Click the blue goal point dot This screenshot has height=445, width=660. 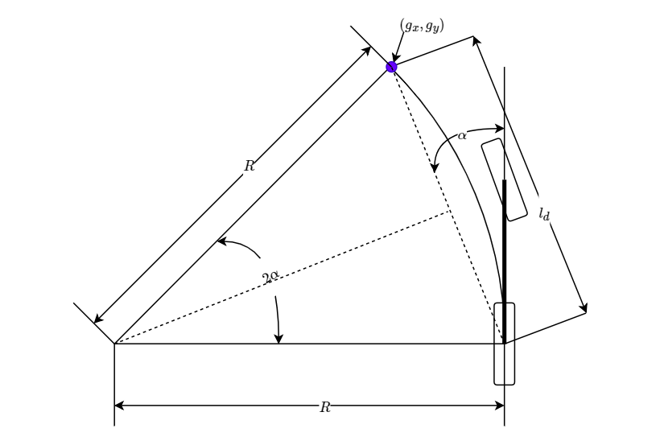[x=391, y=67]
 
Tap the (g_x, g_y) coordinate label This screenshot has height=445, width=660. [x=422, y=26]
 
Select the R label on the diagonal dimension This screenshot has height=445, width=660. [x=250, y=166]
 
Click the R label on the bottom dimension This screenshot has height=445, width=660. [x=325, y=407]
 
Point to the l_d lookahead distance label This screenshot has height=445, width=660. [x=544, y=214]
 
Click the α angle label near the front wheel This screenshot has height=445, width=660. [x=462, y=135]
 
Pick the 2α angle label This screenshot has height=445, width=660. [x=270, y=277]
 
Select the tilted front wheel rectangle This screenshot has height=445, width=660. [x=505, y=179]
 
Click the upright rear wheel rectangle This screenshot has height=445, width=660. [x=505, y=344]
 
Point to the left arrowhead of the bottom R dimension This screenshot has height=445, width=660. [x=119, y=406]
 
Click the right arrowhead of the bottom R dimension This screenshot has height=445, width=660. [x=500, y=406]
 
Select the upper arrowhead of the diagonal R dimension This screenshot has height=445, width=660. [x=366, y=51]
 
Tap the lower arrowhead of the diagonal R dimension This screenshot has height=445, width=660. [x=98, y=319]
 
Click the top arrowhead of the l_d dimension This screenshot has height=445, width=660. [x=476, y=41]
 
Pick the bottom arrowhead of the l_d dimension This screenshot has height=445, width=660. [x=583, y=307]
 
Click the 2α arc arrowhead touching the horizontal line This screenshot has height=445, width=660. [x=278, y=339]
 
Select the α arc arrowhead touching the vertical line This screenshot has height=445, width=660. [x=499, y=129]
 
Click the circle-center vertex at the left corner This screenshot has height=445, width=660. [x=114, y=344]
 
